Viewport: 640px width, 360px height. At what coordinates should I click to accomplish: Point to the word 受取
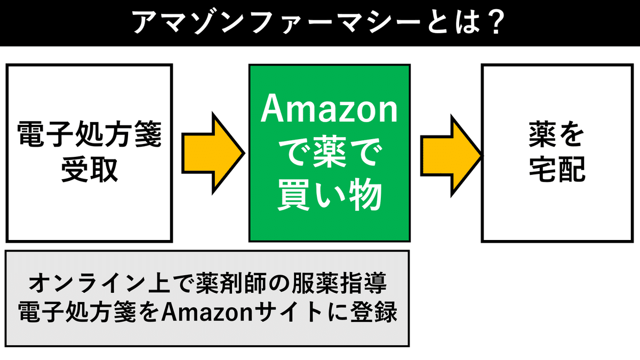[x=89, y=170]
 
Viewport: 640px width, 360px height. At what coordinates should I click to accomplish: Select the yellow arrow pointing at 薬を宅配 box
[x=451, y=153]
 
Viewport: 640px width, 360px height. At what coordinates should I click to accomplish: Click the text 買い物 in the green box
[x=330, y=196]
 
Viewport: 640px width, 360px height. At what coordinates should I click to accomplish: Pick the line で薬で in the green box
[x=330, y=155]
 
